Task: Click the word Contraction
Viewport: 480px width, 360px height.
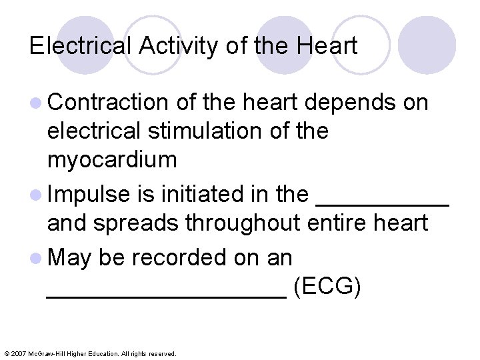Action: tap(108, 103)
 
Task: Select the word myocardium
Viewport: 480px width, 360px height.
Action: tap(112, 160)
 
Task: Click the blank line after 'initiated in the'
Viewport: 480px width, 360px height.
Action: tap(381, 200)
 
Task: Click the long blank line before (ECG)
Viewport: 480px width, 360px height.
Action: tap(167, 293)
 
